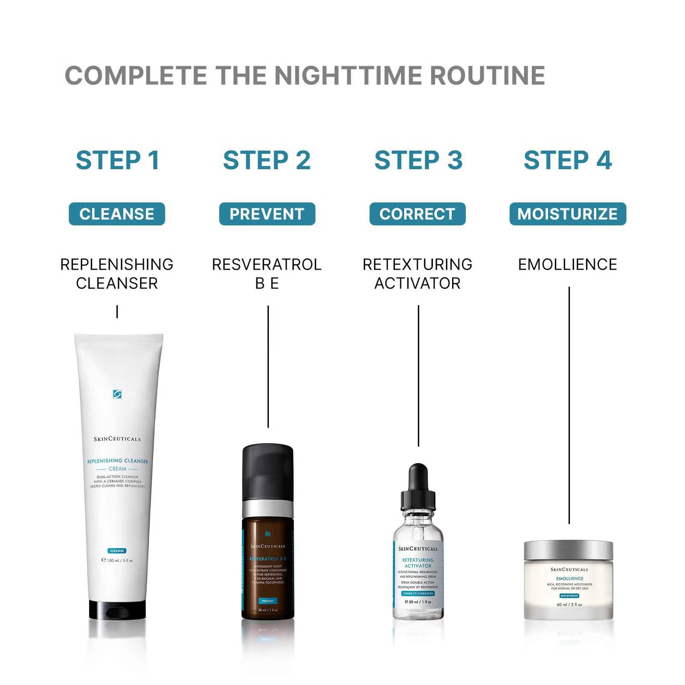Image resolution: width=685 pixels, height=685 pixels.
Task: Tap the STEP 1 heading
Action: tap(117, 160)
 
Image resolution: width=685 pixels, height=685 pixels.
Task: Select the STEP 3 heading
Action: tap(418, 160)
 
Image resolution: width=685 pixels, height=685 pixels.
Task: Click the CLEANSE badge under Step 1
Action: tap(117, 214)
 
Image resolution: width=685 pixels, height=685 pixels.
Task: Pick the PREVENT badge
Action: tap(267, 214)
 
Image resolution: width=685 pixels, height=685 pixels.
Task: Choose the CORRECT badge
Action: tap(417, 214)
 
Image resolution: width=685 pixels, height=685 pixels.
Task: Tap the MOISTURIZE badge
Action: tap(568, 214)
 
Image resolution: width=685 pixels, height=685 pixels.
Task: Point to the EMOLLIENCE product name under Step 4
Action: tap(568, 265)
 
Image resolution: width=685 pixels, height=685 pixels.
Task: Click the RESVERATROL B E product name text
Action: tap(267, 273)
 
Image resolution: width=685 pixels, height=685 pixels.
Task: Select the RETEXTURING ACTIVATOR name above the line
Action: tap(417, 273)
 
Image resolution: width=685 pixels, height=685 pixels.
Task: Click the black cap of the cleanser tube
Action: tap(117, 610)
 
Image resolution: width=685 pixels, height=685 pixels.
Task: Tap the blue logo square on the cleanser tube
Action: tap(117, 394)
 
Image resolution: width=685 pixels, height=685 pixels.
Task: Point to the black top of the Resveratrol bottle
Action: tap(268, 471)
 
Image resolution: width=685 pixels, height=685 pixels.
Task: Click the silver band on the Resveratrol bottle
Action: tap(268, 509)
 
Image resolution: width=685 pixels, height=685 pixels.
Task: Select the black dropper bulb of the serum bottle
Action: tap(418, 477)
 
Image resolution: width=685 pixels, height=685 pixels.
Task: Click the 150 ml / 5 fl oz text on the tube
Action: tap(118, 560)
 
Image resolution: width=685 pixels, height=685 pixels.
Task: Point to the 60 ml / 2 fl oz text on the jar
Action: tap(569, 605)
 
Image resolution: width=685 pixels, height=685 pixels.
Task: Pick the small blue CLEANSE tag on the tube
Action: tap(117, 551)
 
